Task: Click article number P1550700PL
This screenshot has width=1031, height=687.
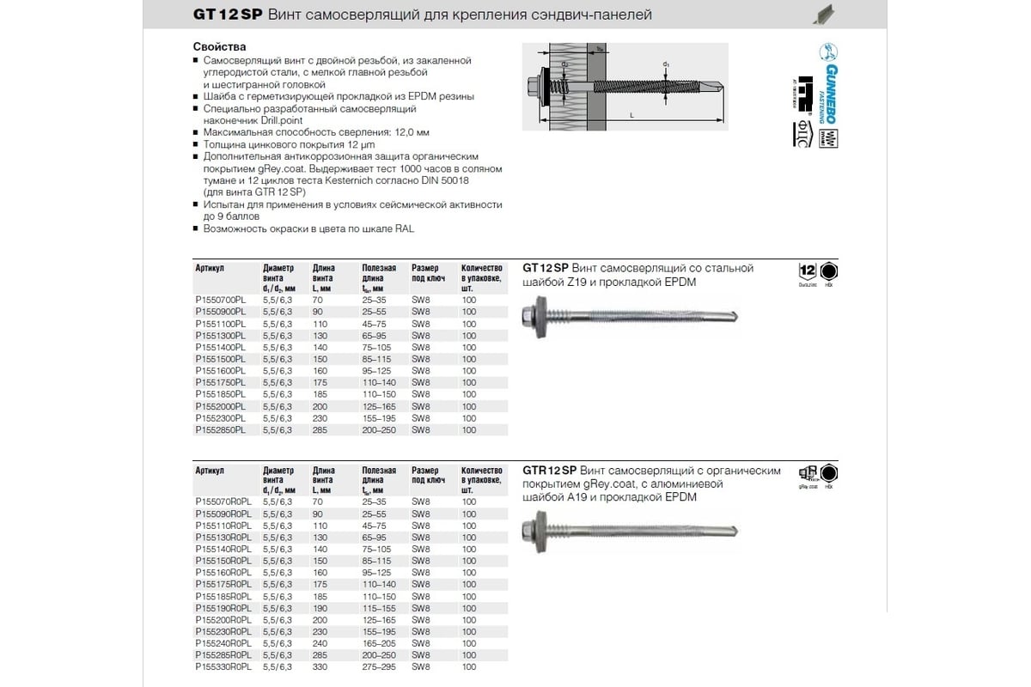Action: (x=220, y=300)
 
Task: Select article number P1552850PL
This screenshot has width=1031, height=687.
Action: (x=220, y=429)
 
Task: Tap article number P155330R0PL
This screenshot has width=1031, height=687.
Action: (x=223, y=666)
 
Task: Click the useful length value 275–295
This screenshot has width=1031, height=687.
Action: (x=380, y=666)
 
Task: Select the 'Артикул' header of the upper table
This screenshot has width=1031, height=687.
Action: (x=210, y=268)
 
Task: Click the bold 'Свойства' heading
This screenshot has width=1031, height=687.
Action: (x=220, y=46)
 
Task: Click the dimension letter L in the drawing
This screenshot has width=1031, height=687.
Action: (x=631, y=114)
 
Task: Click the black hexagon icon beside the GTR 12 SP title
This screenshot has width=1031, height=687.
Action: (x=829, y=474)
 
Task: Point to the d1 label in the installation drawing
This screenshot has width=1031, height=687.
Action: (x=667, y=64)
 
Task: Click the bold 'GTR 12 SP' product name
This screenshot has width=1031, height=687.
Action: (x=550, y=471)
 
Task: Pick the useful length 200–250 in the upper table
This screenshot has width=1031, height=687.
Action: (x=380, y=429)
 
